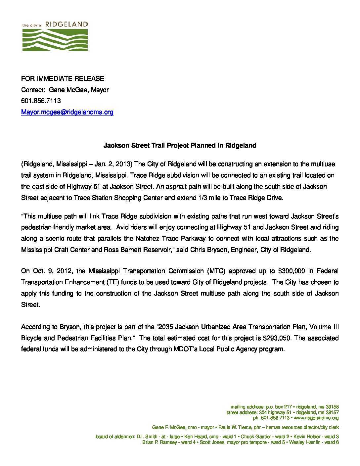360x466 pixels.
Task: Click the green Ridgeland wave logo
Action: click(55, 40)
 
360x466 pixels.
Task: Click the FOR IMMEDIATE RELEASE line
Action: click(63, 78)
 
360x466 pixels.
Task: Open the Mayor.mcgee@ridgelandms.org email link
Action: click(67, 112)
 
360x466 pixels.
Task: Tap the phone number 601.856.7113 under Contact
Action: click(41, 101)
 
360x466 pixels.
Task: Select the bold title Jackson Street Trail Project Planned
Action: click(180, 145)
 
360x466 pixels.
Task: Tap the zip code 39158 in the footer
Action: click(332, 406)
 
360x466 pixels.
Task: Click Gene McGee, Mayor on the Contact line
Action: click(79, 90)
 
